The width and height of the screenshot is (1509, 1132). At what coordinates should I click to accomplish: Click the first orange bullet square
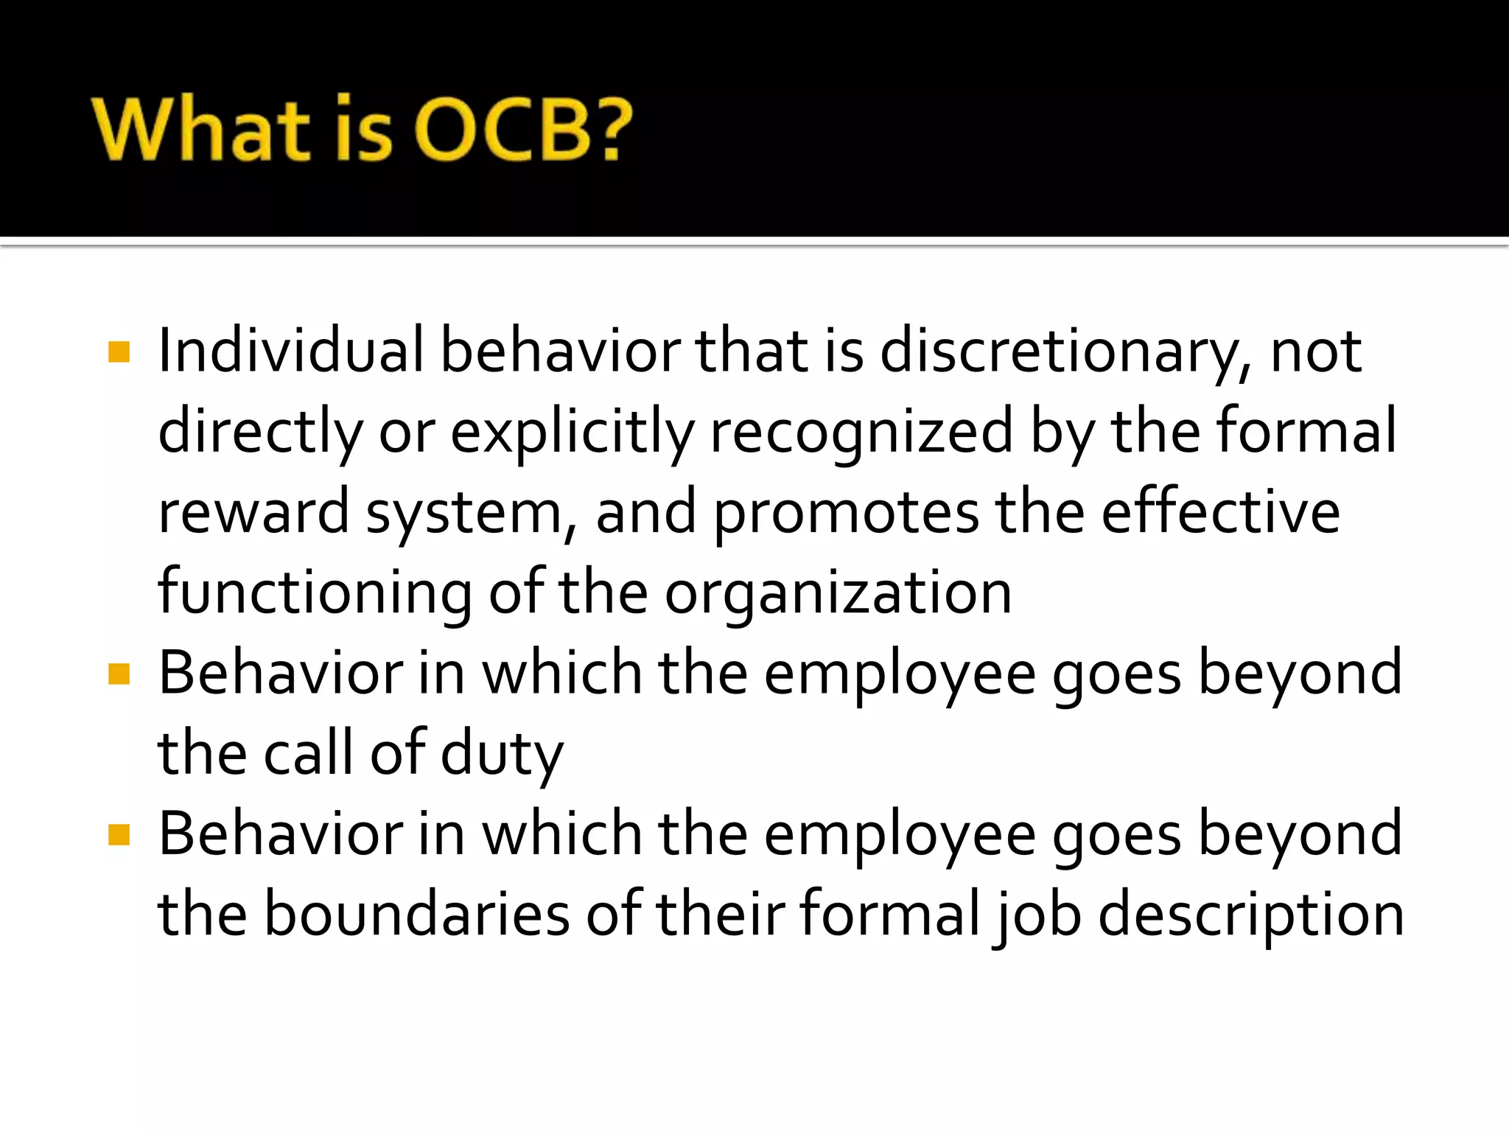click(x=119, y=352)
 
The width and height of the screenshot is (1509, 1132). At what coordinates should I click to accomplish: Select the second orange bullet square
click(x=119, y=674)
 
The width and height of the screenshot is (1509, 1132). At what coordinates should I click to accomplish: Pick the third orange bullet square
click(x=119, y=835)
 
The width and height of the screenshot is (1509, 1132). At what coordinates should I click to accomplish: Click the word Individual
click(x=291, y=351)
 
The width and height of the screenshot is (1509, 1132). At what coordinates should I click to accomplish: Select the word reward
click(x=253, y=513)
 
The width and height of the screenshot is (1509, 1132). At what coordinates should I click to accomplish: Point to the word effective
click(x=1220, y=513)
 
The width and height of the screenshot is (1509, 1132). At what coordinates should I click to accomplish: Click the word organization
click(x=838, y=594)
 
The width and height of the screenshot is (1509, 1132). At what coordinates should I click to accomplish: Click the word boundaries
click(x=417, y=915)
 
